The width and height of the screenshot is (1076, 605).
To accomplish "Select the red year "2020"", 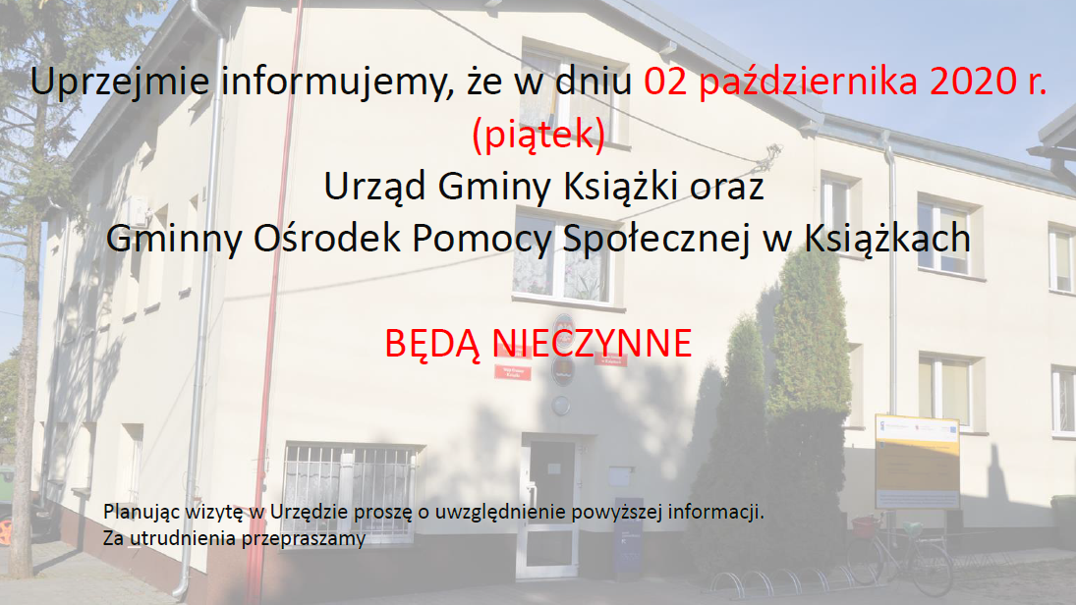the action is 975,81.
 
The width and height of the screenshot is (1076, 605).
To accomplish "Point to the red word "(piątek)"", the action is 538,135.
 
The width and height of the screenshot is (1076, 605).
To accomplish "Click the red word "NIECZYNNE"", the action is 593,344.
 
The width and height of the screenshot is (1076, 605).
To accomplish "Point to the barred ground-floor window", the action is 349,491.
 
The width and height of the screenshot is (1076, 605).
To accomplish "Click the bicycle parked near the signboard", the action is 900,554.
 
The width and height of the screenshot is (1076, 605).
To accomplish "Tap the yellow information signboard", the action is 917,461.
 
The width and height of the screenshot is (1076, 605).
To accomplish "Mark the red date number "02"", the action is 665,81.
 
